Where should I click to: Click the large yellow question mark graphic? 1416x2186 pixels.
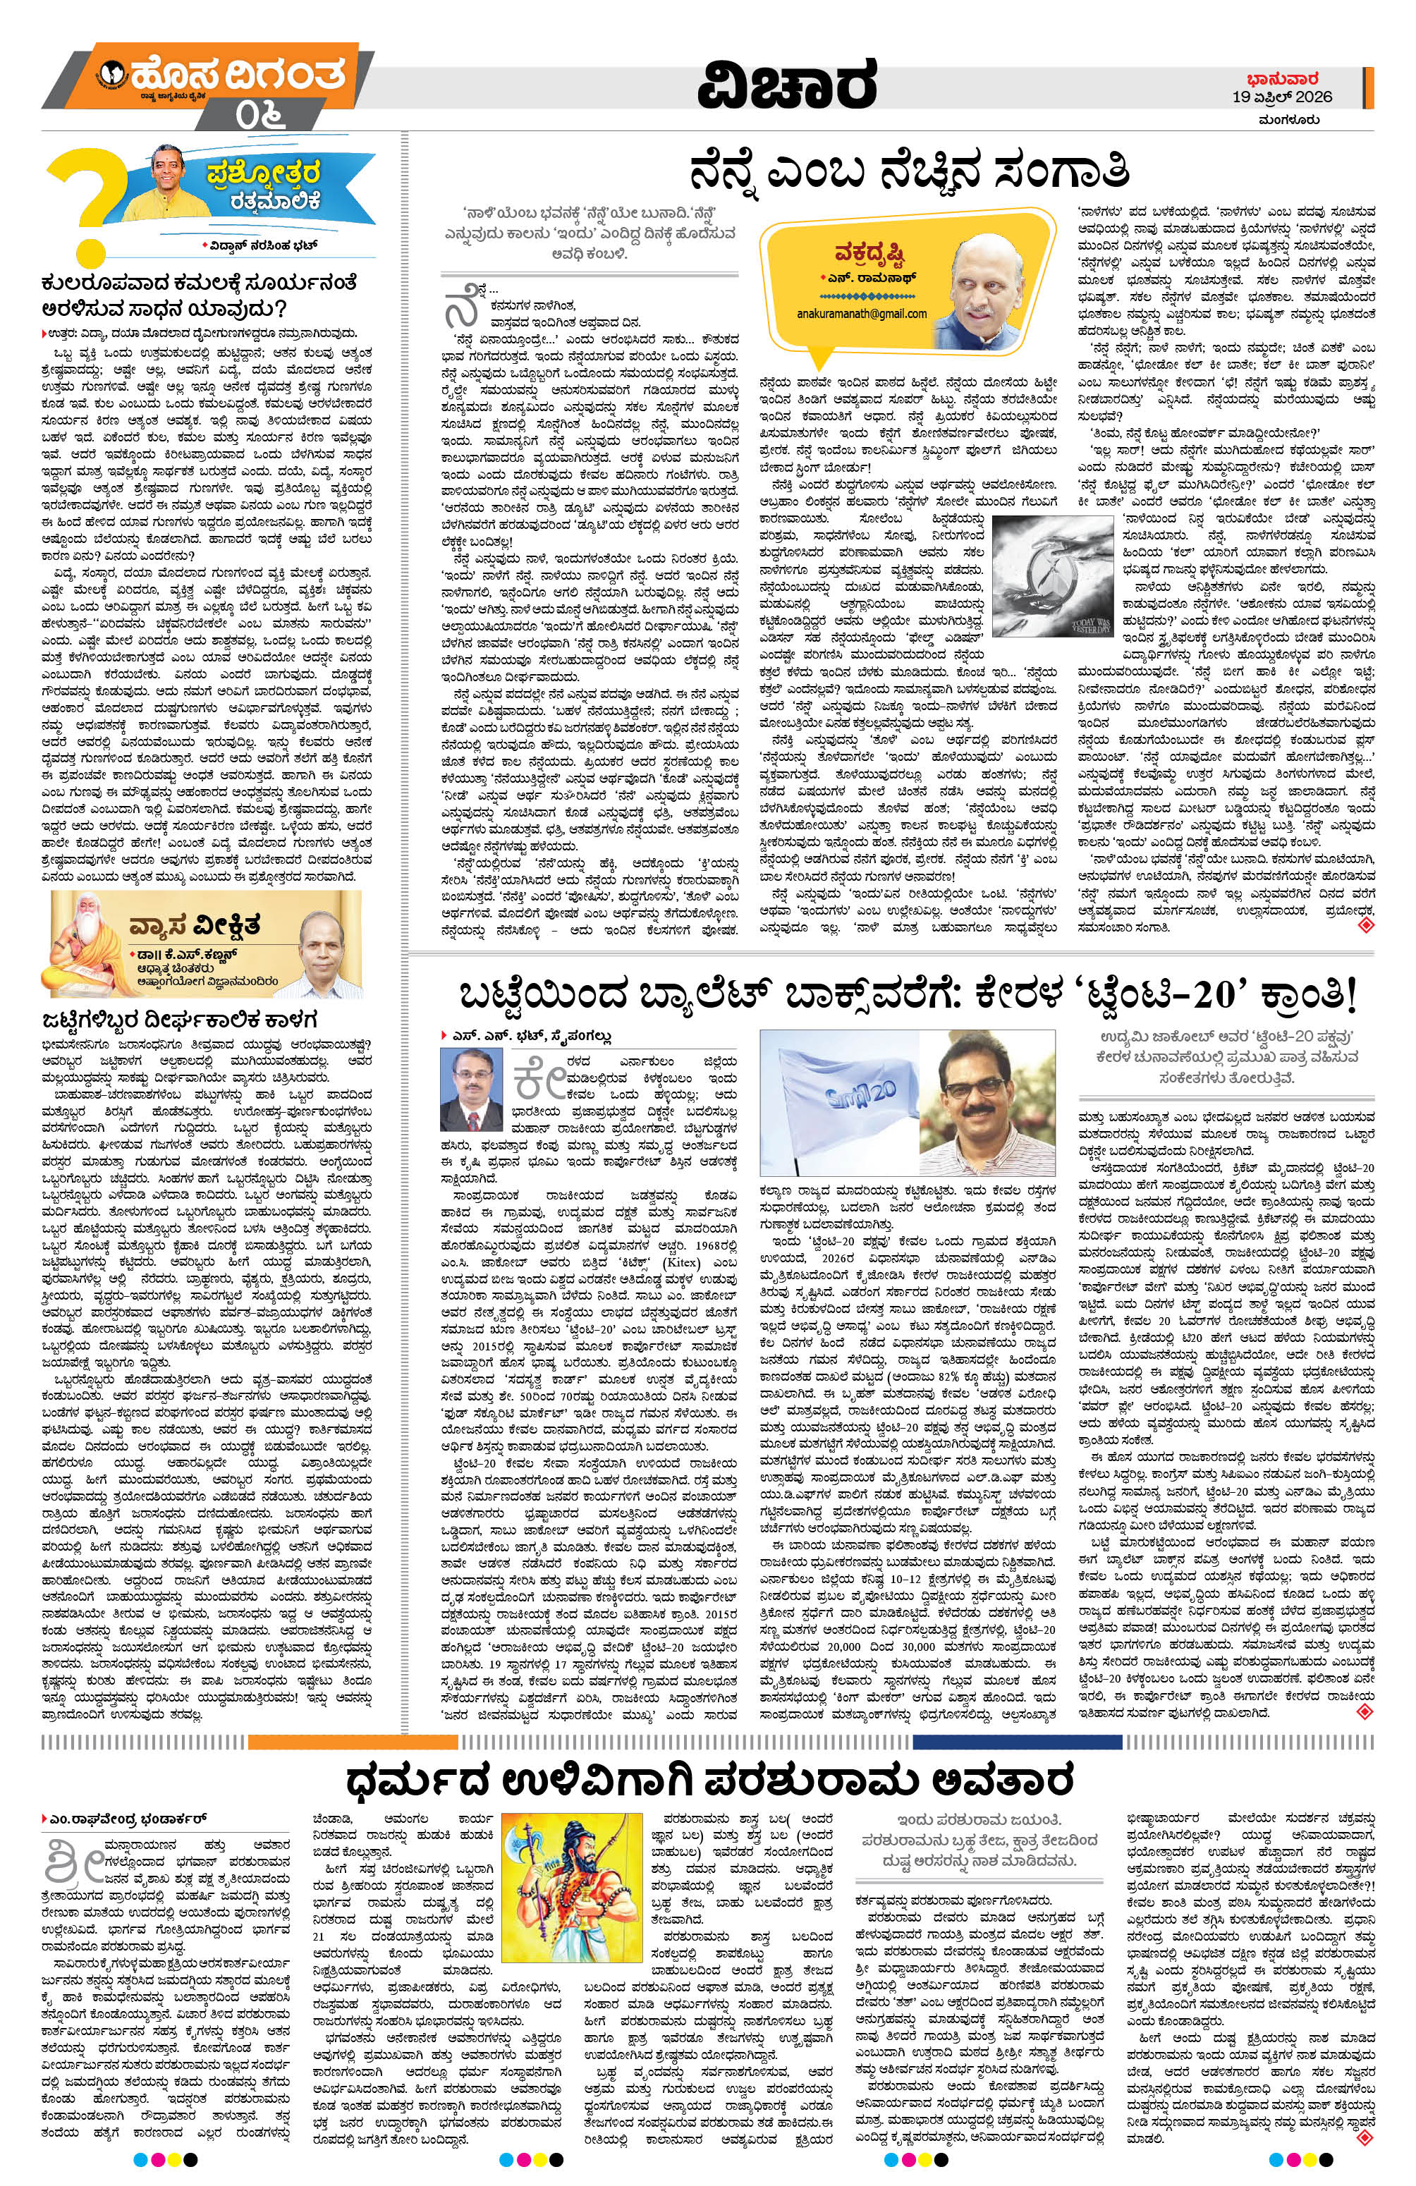[x=79, y=206]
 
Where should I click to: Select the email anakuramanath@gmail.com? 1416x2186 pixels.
[x=861, y=313]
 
